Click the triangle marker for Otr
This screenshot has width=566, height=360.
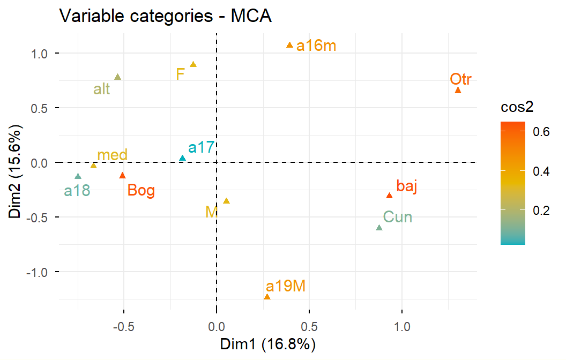[458, 91]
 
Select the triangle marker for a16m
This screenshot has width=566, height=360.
[289, 46]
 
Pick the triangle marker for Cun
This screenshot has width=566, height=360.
[379, 228]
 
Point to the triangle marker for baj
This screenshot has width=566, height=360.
[389, 196]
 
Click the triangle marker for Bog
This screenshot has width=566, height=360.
[122, 175]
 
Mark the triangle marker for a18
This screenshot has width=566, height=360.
[78, 176]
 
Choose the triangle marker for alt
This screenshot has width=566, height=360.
[117, 77]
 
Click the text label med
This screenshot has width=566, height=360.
[112, 155]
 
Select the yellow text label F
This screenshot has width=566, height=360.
[180, 73]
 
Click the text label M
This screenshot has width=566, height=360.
[211, 212]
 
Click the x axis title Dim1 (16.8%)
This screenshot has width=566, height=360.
[268, 344]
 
